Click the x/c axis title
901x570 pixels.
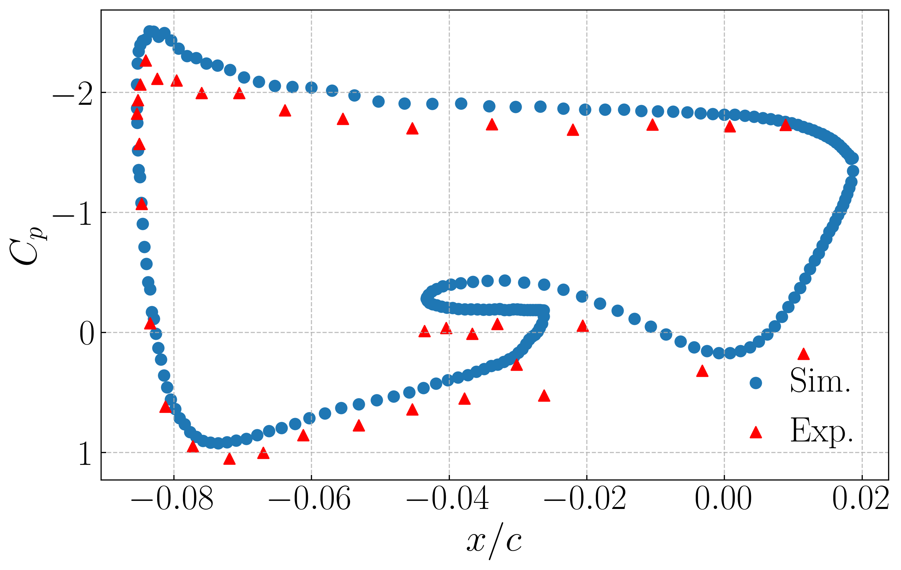point(494,542)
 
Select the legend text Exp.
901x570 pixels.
point(822,432)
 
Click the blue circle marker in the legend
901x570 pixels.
point(756,383)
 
